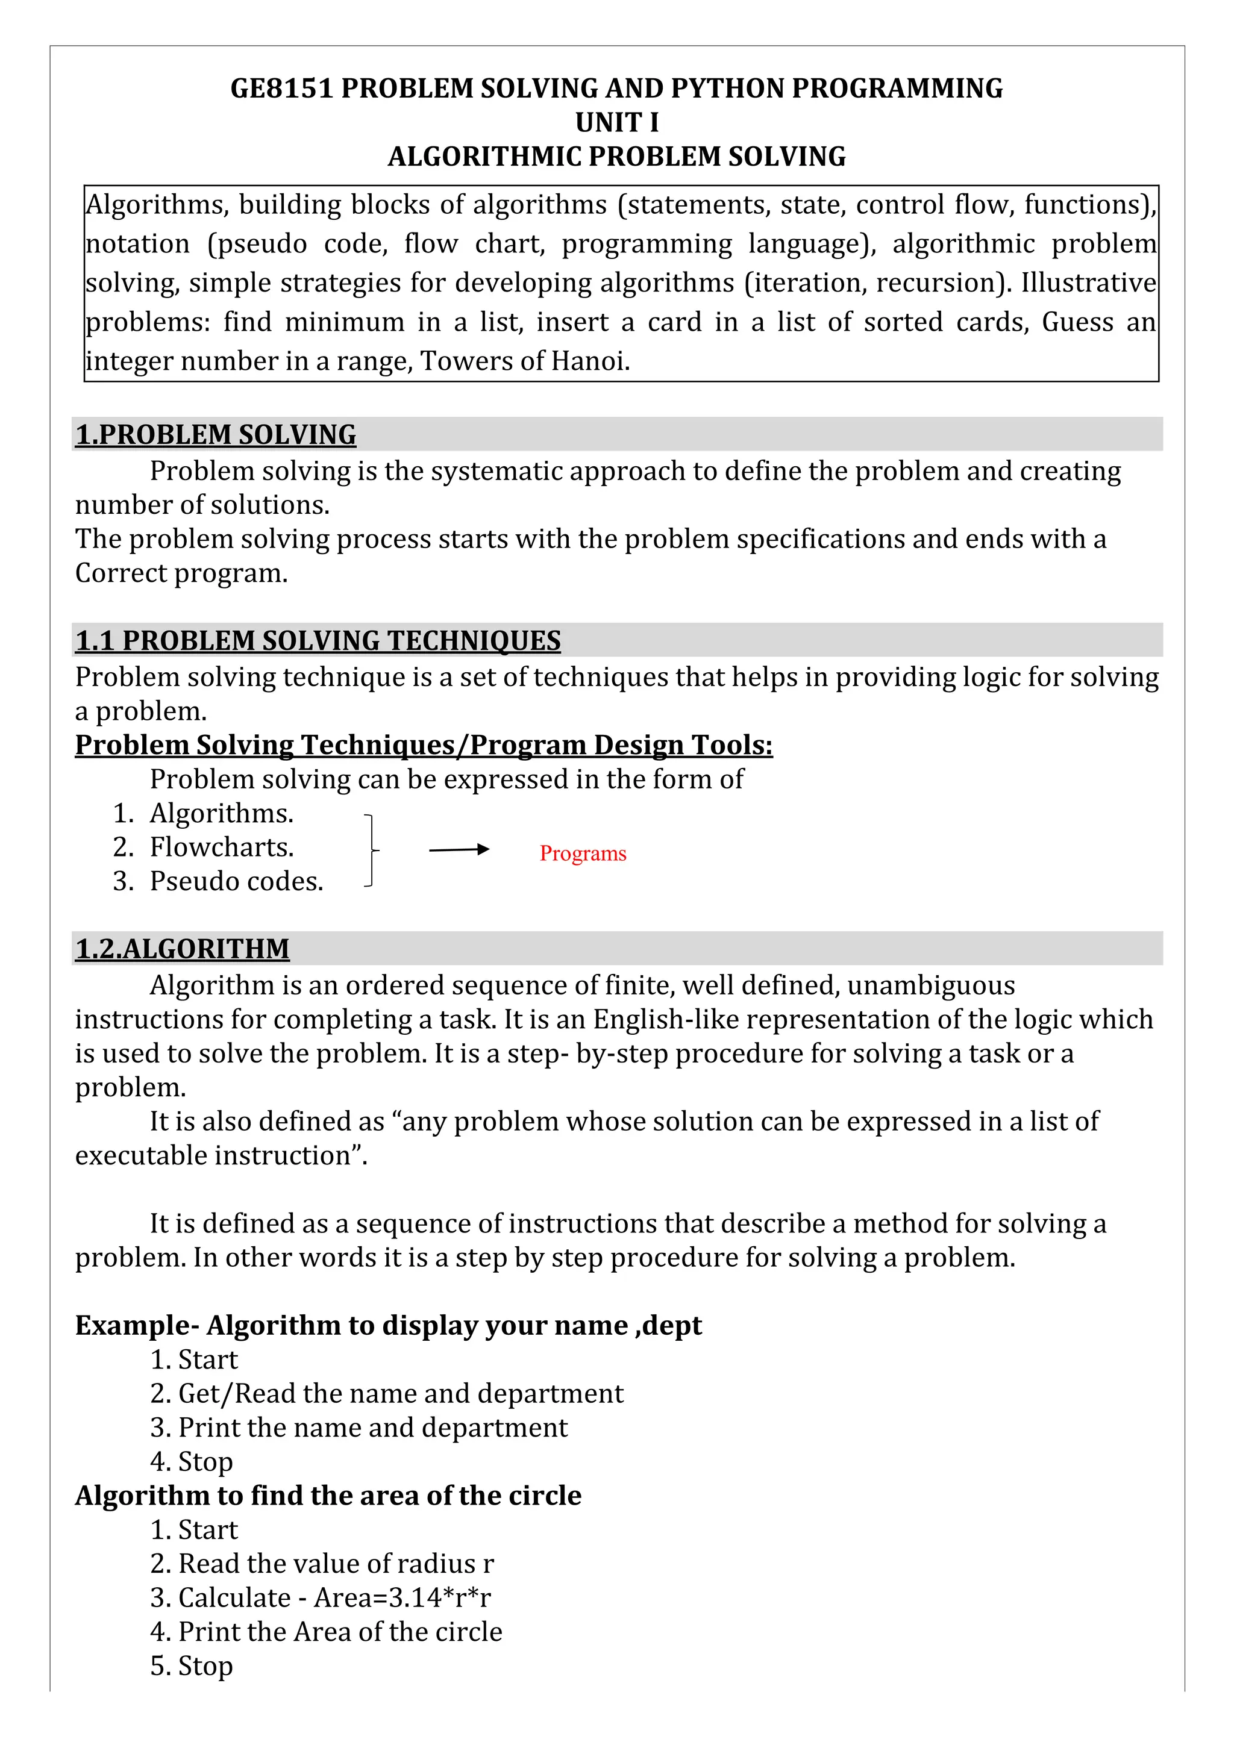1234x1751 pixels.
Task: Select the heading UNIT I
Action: (616, 122)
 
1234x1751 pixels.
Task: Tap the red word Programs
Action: (583, 854)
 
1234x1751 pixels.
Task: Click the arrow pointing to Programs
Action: (459, 849)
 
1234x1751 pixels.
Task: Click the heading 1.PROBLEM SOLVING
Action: (216, 435)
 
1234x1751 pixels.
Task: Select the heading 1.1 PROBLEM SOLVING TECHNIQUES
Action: (318, 641)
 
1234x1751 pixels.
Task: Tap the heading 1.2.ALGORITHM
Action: (183, 949)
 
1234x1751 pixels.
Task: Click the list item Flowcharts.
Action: (221, 847)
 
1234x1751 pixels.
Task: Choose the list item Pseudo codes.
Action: (236, 882)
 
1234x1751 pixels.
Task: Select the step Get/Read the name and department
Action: (401, 1393)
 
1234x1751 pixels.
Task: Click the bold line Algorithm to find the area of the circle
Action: (328, 1496)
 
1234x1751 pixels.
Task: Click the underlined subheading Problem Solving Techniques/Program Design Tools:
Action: (423, 745)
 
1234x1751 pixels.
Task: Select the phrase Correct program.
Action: (181, 573)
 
